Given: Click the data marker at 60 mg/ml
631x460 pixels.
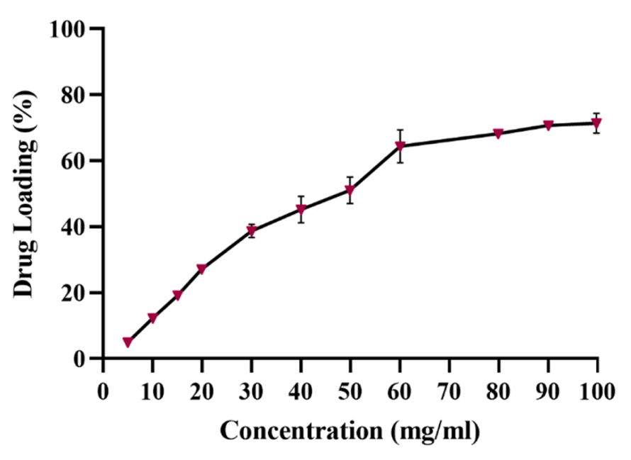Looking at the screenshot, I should [x=400, y=146].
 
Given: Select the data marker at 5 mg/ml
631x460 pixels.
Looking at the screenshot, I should [x=128, y=342].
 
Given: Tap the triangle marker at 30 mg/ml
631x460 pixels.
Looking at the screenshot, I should [x=251, y=230].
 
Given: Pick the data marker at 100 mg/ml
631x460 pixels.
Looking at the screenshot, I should [x=597, y=123].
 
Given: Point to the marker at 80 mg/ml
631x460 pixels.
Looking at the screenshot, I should [x=498, y=133].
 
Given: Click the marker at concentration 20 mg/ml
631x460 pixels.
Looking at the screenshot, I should [x=201, y=269].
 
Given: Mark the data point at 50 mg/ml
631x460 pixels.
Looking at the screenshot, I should [x=350, y=190].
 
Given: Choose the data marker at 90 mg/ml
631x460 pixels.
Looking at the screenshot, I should [x=548, y=125].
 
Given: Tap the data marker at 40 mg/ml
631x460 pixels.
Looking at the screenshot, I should [x=301, y=209].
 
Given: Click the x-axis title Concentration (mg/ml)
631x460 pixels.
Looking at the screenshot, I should [x=350, y=430].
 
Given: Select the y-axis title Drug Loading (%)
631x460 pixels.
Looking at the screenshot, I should [x=26, y=193].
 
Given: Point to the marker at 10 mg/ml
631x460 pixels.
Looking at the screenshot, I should [x=152, y=318].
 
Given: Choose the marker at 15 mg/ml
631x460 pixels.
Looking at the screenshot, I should [x=177, y=296].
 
